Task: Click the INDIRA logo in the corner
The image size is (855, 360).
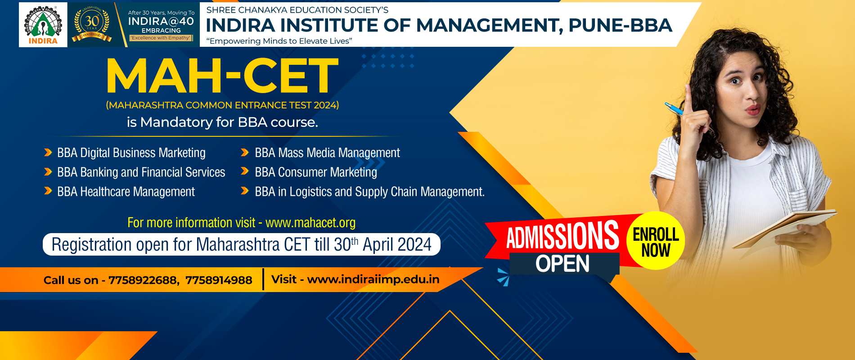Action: coord(43,25)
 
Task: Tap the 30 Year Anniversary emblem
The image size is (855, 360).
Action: coord(92,25)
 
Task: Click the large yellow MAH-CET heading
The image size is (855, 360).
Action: coord(222,76)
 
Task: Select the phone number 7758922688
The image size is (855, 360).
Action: coord(142,280)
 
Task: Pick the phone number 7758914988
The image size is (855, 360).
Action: coord(219,280)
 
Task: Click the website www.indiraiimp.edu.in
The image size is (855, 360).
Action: coord(373,279)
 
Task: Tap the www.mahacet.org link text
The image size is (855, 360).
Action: coord(310,223)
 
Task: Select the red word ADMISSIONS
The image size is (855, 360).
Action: coord(562,235)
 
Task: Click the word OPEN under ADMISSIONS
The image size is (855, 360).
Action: coord(562,264)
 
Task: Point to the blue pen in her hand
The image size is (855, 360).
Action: coord(675,108)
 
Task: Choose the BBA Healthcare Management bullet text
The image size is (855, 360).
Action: coord(126,192)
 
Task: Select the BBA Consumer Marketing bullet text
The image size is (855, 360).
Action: coord(316,172)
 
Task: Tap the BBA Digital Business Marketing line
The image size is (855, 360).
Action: coord(131,153)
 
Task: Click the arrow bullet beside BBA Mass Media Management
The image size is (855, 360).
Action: coord(245,153)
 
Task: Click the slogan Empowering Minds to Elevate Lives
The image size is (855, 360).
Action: coord(279,41)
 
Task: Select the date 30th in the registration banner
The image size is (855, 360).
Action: coord(346,244)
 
